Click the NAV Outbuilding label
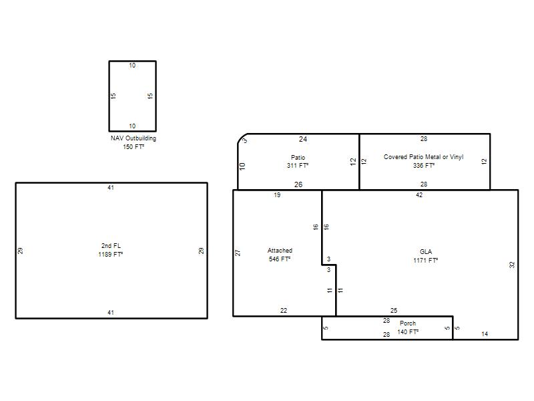tap(133, 138)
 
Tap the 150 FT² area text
tap(133, 146)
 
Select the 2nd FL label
tap(111, 245)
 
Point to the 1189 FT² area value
tap(111, 255)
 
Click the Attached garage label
tap(280, 250)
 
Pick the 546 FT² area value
tap(280, 259)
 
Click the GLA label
tap(426, 252)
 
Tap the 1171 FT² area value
tap(426, 261)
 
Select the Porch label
tap(408, 323)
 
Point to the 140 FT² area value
tap(408, 331)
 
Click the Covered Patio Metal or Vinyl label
tap(424, 157)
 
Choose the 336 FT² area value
tap(424, 166)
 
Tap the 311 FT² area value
tap(298, 166)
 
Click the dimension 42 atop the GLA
tap(419, 195)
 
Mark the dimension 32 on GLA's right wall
tap(512, 265)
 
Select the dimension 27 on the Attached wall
tap(238, 253)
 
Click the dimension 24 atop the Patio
tap(303, 139)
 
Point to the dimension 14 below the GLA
tap(485, 334)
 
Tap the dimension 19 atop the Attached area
tap(277, 195)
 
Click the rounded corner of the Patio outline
tap(241, 137)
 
